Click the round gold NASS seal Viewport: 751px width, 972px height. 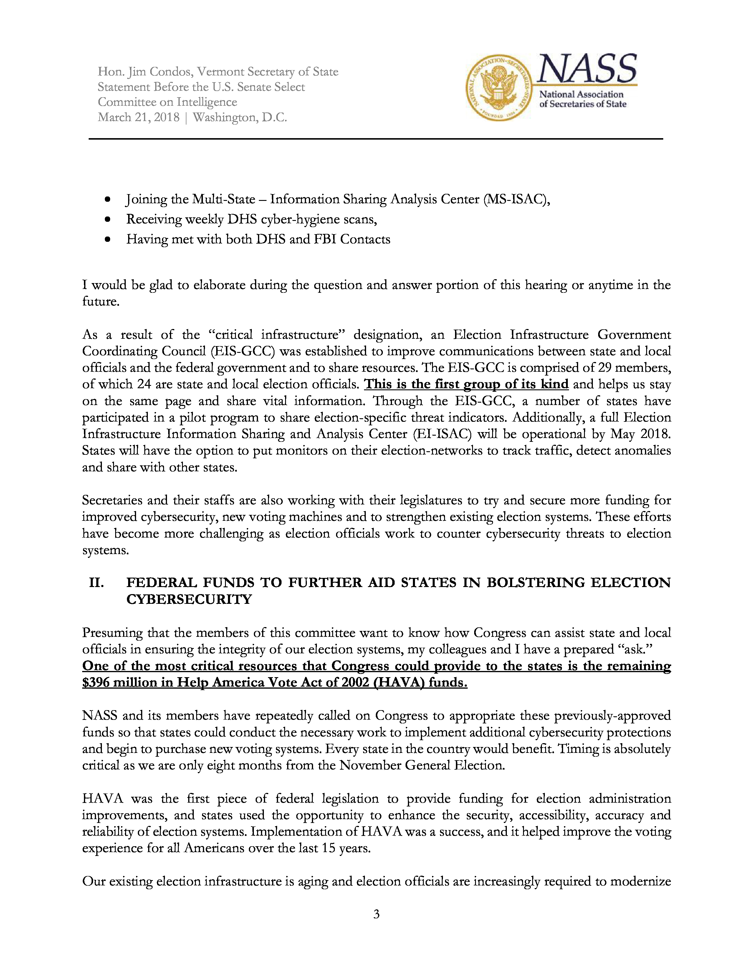[x=499, y=88]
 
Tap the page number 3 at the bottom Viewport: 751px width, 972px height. [x=376, y=914]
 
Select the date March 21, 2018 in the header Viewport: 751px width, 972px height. [x=138, y=118]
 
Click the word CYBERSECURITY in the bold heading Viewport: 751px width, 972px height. [x=189, y=599]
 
